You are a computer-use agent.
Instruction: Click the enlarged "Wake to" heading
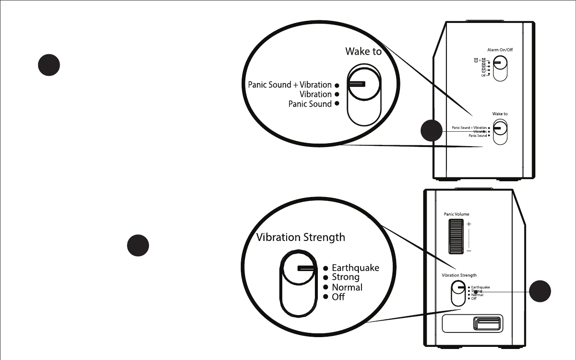(363, 52)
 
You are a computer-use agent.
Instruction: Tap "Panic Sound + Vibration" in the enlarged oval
(289, 85)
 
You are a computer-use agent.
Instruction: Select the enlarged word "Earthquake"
(356, 268)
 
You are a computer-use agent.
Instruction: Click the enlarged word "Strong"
(345, 277)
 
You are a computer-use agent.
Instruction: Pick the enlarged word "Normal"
(347, 287)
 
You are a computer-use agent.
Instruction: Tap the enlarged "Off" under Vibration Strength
(338, 297)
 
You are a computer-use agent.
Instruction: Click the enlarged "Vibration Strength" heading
(300, 237)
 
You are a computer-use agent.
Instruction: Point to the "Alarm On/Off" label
(500, 50)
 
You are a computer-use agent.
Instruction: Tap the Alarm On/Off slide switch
(500, 68)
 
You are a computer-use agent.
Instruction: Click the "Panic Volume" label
(456, 214)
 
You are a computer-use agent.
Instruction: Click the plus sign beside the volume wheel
(469, 224)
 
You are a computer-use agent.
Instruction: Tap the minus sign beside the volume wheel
(469, 251)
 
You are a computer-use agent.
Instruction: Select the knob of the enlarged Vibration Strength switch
(299, 268)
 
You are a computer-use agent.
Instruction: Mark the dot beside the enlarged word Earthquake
(325, 268)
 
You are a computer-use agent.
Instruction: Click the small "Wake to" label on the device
(500, 114)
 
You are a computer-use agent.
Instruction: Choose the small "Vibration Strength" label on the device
(459, 275)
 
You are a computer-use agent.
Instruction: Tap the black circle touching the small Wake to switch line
(431, 131)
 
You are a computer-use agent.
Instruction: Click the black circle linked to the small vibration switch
(540, 291)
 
